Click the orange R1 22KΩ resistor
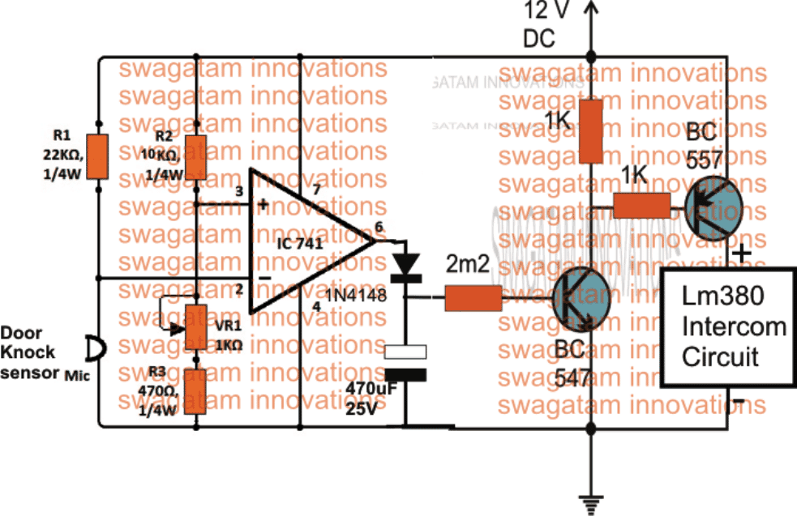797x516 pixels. [x=97, y=156]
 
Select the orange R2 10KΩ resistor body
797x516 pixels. [x=195, y=156]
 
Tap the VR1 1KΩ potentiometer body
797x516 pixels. [x=195, y=326]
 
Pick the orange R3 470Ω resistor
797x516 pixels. [x=195, y=391]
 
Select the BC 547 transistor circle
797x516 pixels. [x=579, y=299]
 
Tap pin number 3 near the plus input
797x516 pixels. [x=239, y=192]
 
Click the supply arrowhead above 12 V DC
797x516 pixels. [x=590, y=8]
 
